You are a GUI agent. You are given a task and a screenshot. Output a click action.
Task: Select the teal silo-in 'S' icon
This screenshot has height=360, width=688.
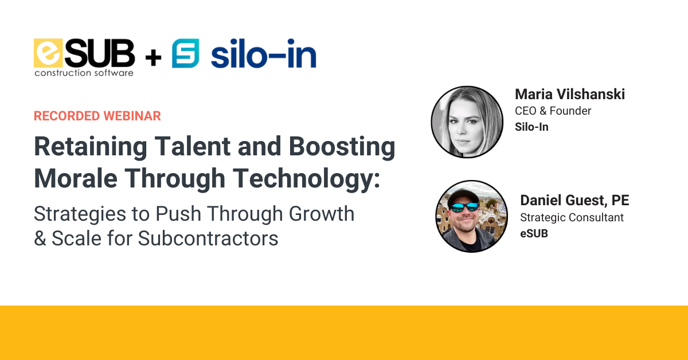(185, 54)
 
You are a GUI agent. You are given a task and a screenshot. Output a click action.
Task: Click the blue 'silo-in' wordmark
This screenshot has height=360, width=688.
(263, 56)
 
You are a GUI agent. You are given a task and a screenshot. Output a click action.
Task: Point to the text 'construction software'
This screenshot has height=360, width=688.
(84, 73)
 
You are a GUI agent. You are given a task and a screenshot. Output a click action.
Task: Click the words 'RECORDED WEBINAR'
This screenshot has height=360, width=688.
(97, 116)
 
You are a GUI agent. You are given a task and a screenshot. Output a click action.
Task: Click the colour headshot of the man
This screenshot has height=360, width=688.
(471, 216)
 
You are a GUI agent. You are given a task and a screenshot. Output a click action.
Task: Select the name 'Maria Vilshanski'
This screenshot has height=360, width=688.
(570, 94)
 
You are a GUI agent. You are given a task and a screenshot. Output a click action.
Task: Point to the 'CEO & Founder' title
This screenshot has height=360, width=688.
(553, 111)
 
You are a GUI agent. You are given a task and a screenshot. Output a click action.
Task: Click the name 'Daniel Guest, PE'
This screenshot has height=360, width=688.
(574, 201)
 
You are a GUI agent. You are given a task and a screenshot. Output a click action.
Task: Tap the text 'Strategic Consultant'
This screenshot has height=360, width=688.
(572, 218)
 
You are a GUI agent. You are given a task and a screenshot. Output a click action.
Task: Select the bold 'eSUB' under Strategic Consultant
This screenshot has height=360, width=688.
(534, 233)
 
